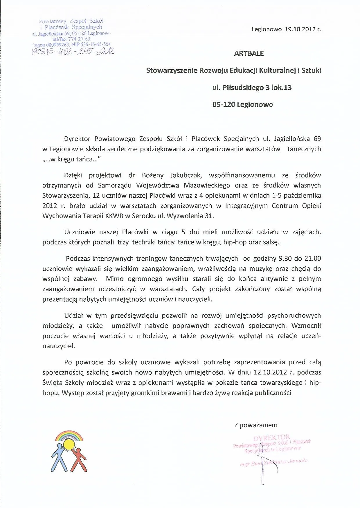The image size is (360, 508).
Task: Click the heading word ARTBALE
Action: [249, 53]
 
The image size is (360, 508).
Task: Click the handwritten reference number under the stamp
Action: [74, 51]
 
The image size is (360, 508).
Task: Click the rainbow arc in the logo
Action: [69, 436]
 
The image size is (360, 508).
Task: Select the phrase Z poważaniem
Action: [256, 425]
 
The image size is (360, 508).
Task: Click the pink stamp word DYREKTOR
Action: [271, 438]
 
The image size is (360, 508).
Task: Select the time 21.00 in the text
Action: [312, 259]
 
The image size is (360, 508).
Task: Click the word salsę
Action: [271, 242]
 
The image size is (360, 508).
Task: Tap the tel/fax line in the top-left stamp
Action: [71, 39]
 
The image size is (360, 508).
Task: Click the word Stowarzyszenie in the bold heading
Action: [172, 71]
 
